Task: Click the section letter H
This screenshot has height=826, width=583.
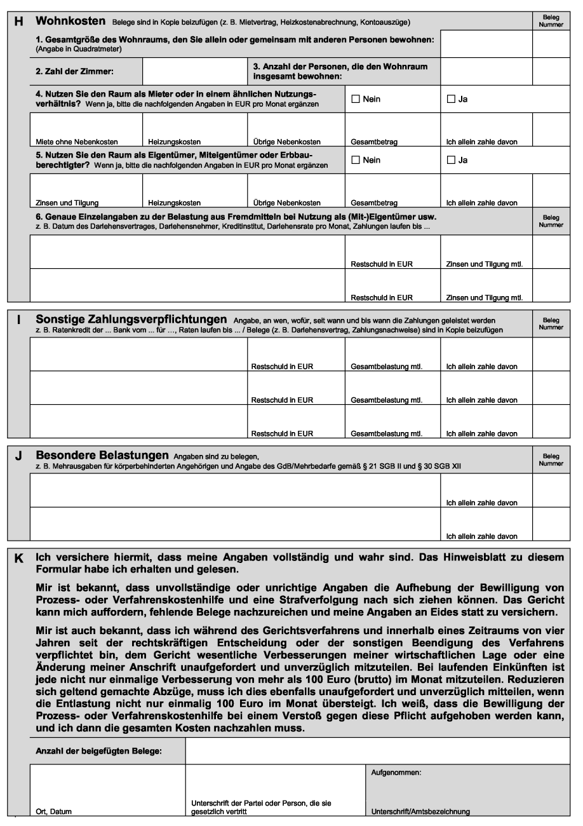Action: point(18,21)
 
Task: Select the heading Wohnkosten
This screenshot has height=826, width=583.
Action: point(69,21)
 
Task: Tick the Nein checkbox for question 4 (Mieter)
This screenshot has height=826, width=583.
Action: point(356,98)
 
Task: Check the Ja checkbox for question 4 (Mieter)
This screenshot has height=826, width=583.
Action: point(451,98)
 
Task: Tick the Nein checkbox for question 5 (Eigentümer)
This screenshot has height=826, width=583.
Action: point(356,159)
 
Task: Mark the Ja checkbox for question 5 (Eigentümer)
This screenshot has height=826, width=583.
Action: point(451,159)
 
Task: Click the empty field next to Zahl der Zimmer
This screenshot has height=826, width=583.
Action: point(195,71)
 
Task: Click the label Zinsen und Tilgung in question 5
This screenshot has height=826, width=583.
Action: point(67,203)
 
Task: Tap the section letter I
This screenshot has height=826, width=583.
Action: point(18,318)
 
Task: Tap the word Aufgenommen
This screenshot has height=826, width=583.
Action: point(396,773)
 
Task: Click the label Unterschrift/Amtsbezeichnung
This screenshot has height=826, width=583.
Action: point(420,811)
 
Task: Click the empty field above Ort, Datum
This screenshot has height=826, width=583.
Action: point(107,785)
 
